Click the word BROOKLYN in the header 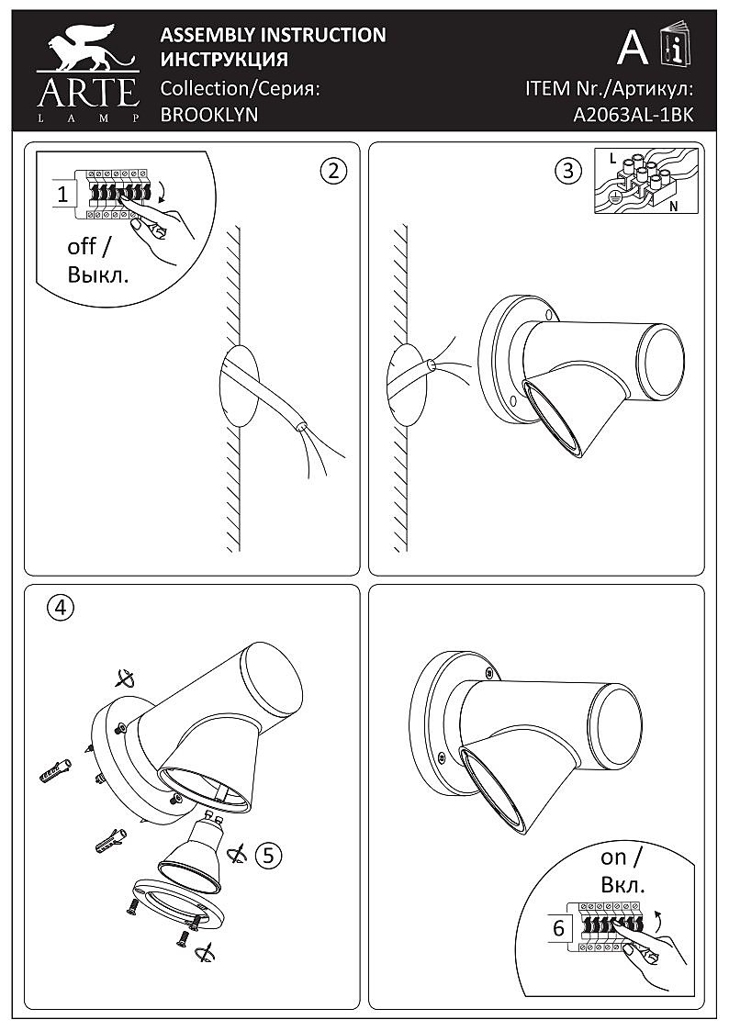(x=208, y=115)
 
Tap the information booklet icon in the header (x=677, y=47)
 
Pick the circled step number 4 (x=61, y=607)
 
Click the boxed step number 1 (x=62, y=194)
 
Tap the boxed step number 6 (x=558, y=927)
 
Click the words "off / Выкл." (x=97, y=261)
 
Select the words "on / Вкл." (x=623, y=871)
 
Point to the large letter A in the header (x=633, y=47)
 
